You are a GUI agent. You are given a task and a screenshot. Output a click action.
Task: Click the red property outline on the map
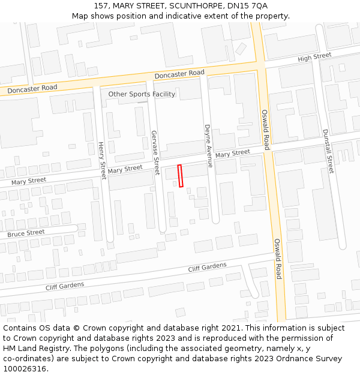(x=180, y=176)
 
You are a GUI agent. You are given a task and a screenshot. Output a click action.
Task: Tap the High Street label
(x=314, y=57)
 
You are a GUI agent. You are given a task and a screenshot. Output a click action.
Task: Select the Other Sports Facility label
(x=142, y=94)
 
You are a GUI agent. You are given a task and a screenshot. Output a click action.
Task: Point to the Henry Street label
(x=102, y=160)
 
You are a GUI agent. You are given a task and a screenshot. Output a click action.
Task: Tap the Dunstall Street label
(x=328, y=151)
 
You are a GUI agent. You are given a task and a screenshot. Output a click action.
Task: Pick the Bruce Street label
(x=26, y=233)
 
